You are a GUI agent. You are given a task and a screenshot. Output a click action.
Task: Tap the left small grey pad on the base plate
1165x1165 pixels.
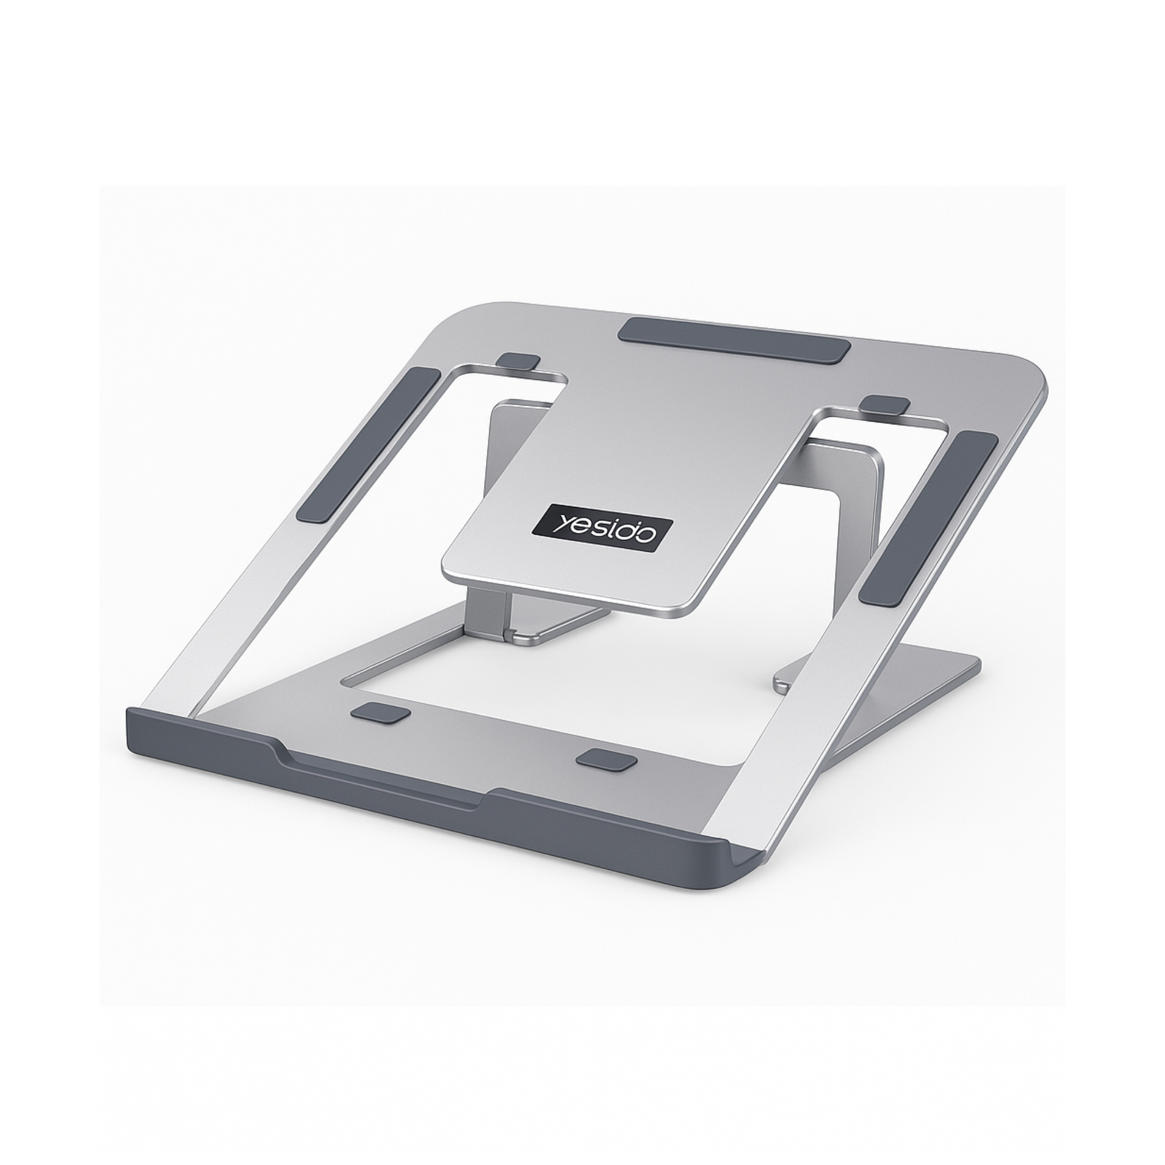[379, 712]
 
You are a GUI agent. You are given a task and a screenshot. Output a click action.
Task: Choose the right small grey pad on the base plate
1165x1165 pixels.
[606, 760]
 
